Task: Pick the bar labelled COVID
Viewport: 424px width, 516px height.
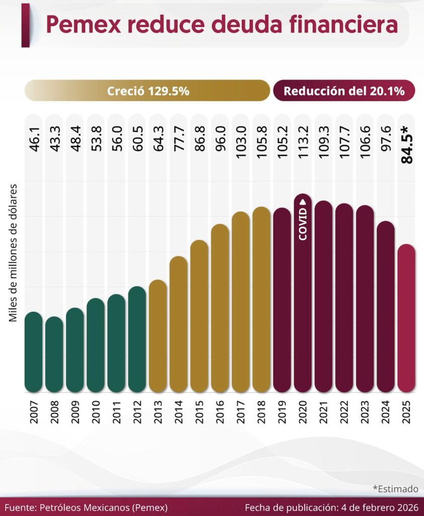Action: (303, 292)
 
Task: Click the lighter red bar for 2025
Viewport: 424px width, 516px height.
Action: (406, 318)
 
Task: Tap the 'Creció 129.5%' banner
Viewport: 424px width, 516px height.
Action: (148, 91)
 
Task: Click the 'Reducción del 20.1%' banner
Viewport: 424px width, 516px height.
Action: (344, 91)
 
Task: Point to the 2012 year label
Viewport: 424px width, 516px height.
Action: (137, 412)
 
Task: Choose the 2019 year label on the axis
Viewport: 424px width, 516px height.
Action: (282, 412)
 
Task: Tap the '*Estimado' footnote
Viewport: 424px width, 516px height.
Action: (395, 488)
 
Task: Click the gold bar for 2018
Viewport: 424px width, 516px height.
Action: (261, 299)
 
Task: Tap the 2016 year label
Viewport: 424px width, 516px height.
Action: (220, 412)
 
